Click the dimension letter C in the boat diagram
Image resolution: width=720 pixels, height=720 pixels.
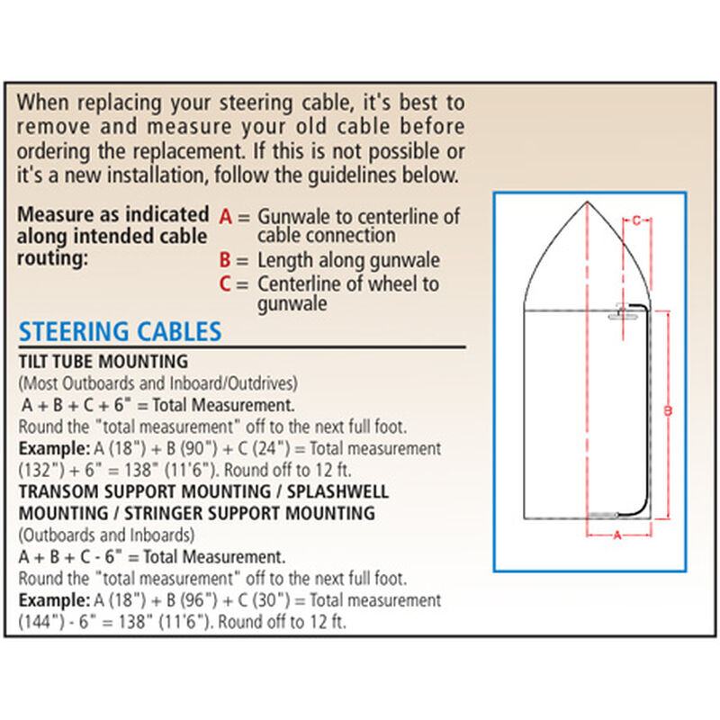(x=636, y=220)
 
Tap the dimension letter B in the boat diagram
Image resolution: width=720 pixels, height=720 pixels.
(x=667, y=411)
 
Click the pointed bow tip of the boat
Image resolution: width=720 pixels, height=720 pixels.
(x=587, y=202)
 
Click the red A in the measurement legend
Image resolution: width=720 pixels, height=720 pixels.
(x=226, y=217)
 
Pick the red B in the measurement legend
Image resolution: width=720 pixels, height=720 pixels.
(x=226, y=261)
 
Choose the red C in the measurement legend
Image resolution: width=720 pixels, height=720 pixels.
(x=226, y=284)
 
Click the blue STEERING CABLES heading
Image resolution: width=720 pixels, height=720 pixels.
(x=120, y=331)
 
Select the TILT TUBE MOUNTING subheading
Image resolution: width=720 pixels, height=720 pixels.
(x=103, y=362)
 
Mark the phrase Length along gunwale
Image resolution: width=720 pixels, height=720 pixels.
(x=348, y=261)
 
